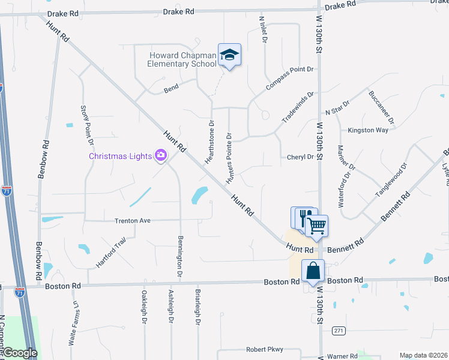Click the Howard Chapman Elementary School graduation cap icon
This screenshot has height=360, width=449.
[x=229, y=55]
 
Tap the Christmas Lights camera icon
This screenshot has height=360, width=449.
[x=160, y=156]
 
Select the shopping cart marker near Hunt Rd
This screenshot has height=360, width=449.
[x=316, y=226]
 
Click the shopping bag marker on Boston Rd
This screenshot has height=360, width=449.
[x=313, y=271]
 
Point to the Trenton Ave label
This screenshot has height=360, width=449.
[x=132, y=221]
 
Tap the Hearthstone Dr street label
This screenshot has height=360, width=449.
[x=210, y=141]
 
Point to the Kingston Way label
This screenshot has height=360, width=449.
[x=368, y=130]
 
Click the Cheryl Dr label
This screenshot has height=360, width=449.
[x=300, y=157]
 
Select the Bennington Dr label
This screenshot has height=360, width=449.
[x=179, y=256]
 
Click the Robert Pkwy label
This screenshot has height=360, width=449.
[x=264, y=349]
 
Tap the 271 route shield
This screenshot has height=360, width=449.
[x=339, y=331]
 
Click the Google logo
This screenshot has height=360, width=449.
[x=19, y=353]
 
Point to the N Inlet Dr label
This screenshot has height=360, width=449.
[x=262, y=29]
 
